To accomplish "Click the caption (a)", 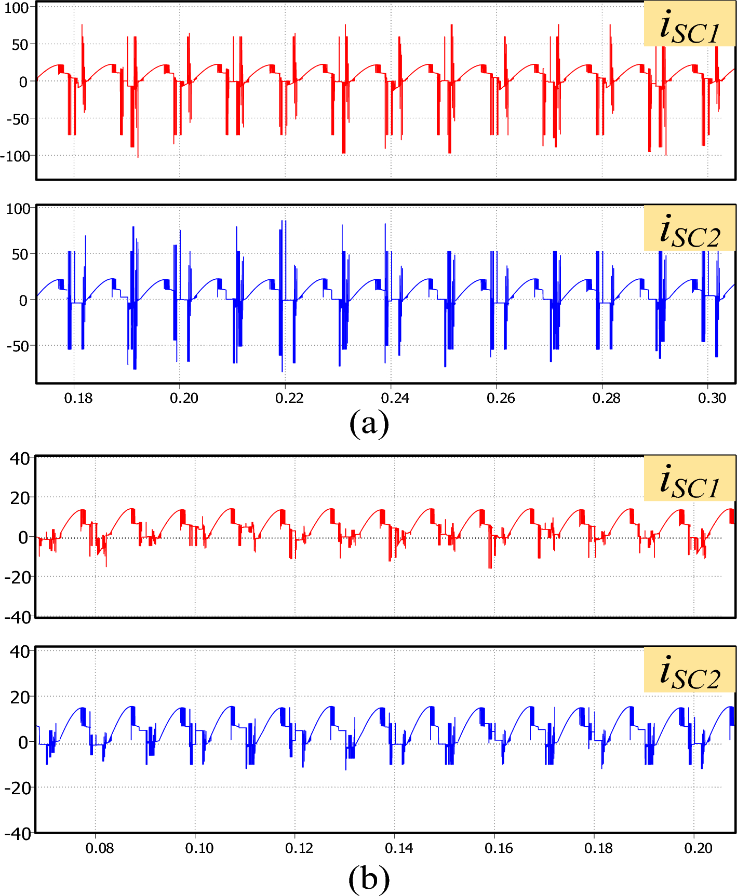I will pyautogui.click(x=369, y=423).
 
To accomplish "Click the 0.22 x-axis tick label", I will pyautogui.click(x=289, y=398).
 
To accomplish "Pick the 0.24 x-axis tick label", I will pyautogui.click(x=395, y=398).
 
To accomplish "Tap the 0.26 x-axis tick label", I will pyautogui.click(x=501, y=398).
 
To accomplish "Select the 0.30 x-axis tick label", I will pyautogui.click(x=712, y=398).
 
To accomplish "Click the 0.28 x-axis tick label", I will pyautogui.click(x=607, y=398).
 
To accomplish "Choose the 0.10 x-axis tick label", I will pyautogui.click(x=199, y=848).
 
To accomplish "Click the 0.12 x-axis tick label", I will pyautogui.click(x=299, y=848).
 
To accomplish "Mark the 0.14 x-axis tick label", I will pyautogui.click(x=399, y=848).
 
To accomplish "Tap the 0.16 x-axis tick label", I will pyautogui.click(x=499, y=848).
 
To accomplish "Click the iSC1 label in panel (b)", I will pyautogui.click(x=690, y=480).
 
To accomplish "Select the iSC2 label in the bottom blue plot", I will pyautogui.click(x=690, y=671).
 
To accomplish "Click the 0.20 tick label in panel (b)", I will pyautogui.click(x=698, y=848).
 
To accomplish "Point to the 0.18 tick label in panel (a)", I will pyautogui.click(x=78, y=398).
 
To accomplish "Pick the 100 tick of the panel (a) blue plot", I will pyautogui.click(x=18, y=209).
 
